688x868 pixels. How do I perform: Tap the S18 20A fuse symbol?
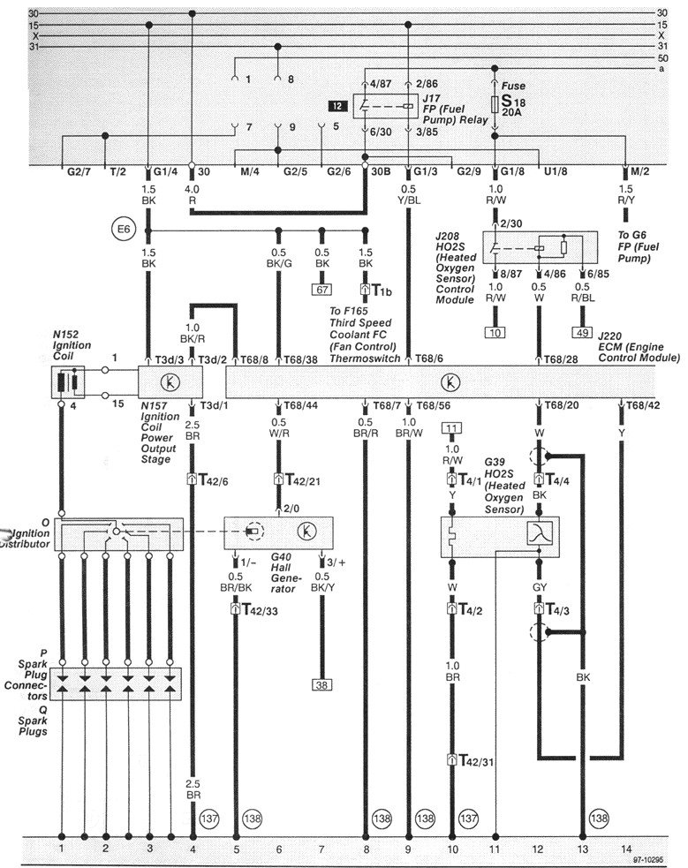[495, 102]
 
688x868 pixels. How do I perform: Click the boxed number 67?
[321, 289]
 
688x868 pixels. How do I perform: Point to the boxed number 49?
[581, 332]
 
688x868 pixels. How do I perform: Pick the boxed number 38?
[321, 683]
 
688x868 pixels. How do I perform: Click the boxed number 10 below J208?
[495, 332]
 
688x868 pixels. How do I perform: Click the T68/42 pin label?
[643, 405]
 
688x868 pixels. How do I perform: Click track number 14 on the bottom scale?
[625, 849]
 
